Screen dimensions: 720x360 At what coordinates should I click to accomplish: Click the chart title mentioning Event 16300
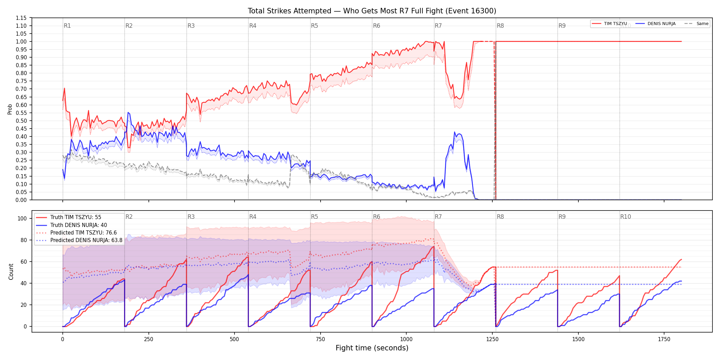coord(372,11)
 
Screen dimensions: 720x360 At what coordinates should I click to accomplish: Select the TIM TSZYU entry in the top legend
coord(609,24)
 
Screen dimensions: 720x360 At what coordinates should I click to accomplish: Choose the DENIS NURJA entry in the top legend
coord(656,24)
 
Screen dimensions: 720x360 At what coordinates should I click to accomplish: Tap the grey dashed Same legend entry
coord(696,24)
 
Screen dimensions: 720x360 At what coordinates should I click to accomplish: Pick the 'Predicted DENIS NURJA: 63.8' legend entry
coord(79,240)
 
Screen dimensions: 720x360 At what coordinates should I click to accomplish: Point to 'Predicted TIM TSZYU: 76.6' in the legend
coord(76,233)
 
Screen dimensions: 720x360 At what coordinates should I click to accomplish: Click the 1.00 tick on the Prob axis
coord(21,41)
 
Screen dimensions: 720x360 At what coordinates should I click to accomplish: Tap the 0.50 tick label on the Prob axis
coord(21,121)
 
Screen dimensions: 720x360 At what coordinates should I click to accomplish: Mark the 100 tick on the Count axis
coord(22,218)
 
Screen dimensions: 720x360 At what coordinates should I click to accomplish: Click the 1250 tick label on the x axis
coord(492,339)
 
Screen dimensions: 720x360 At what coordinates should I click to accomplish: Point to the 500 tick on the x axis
coord(235,339)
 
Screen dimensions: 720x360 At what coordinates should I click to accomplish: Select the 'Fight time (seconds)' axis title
coord(372,348)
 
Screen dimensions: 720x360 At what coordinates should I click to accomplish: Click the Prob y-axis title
coord(10,109)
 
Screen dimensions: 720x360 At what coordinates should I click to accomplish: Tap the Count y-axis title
coord(11,272)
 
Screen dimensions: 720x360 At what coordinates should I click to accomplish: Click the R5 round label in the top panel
coord(314,26)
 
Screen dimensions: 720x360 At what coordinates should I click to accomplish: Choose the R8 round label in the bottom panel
coord(500,217)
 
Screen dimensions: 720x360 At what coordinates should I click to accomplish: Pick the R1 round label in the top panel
coord(67,26)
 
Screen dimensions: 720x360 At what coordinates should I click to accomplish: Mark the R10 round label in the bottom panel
coord(625,217)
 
